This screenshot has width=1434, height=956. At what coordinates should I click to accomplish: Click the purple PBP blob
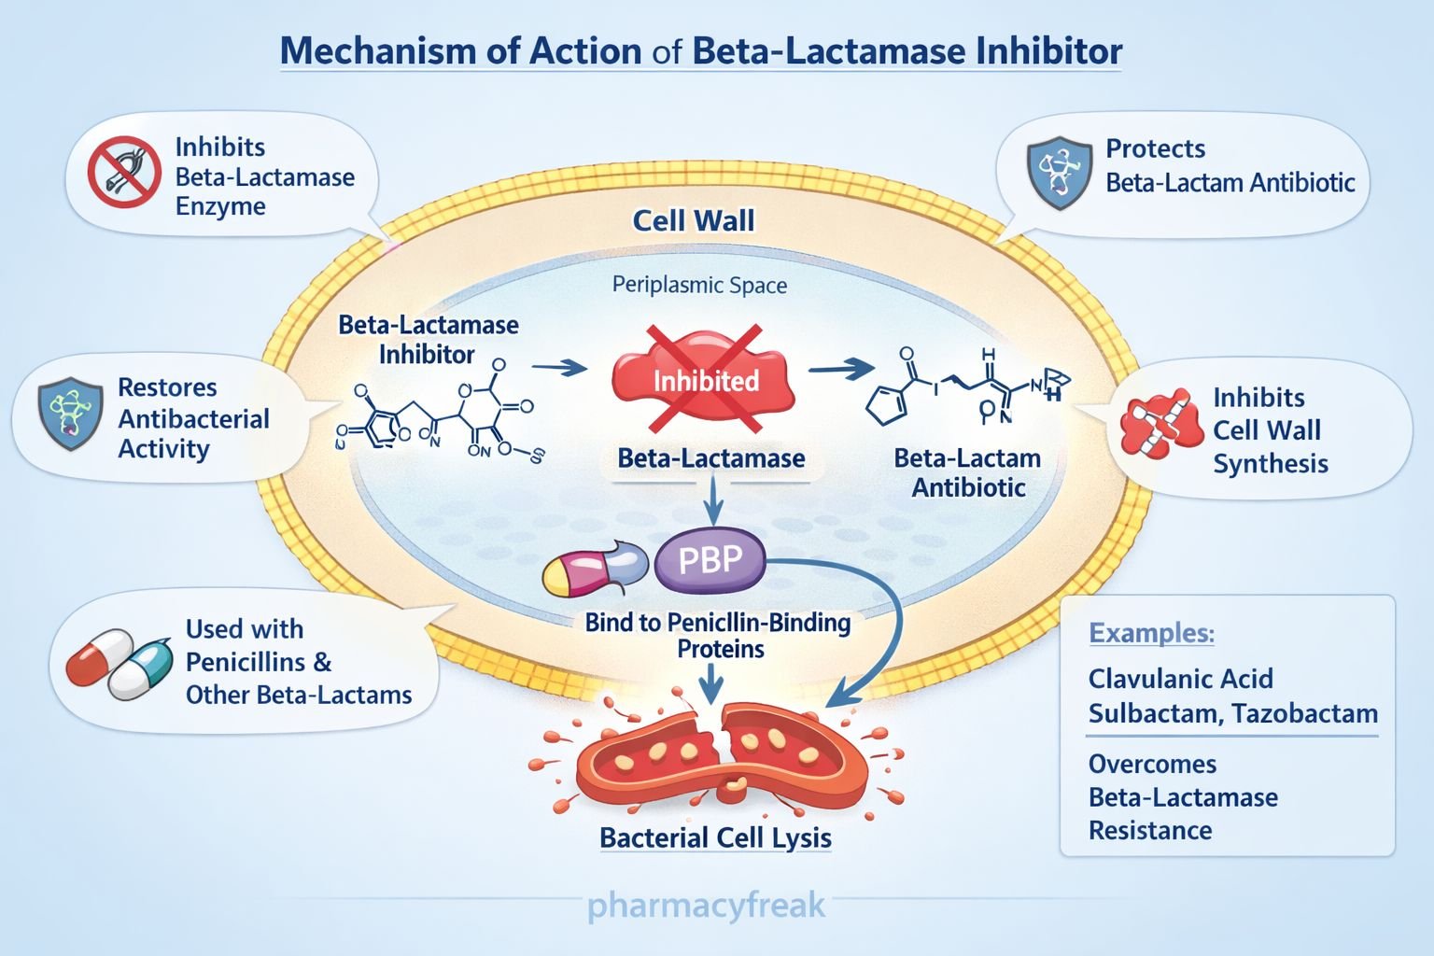click(710, 561)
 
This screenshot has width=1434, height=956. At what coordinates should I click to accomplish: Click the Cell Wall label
click(694, 221)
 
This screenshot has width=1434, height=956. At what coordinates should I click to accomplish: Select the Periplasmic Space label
click(699, 286)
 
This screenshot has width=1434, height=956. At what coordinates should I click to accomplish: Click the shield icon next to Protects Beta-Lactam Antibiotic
click(1059, 172)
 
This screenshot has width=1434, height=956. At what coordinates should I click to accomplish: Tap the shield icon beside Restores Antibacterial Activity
click(70, 414)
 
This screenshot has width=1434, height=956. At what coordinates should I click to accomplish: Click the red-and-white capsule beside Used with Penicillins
click(100, 656)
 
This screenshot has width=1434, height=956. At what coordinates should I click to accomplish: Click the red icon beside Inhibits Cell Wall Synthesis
click(1160, 425)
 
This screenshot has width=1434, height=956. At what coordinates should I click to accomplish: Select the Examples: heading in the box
click(1151, 633)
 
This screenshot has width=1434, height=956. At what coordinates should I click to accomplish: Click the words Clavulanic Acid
click(1180, 679)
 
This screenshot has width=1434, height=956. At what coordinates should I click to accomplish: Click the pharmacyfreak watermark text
click(706, 906)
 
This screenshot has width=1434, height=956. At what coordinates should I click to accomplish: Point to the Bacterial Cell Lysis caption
click(715, 837)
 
